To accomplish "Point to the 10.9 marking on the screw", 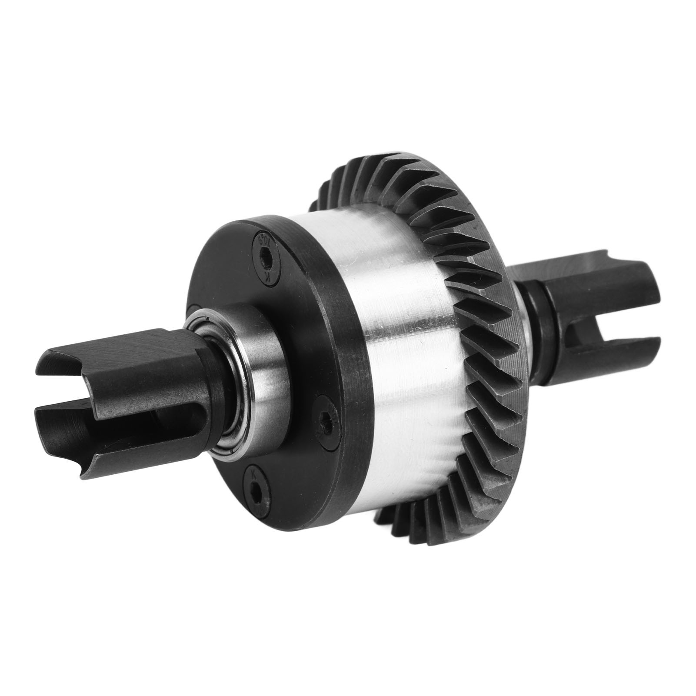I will click(x=262, y=242).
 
